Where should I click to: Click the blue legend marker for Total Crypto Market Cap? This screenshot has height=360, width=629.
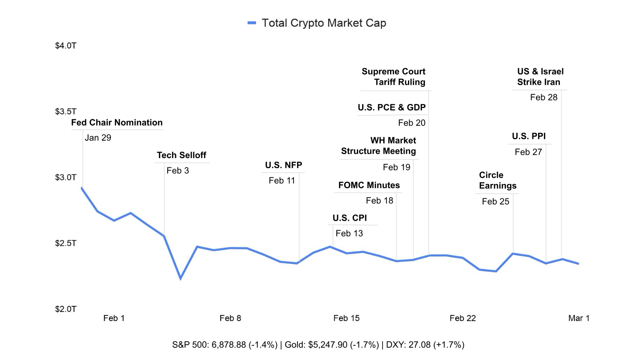[252, 23]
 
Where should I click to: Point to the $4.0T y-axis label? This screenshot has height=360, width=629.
[66, 46]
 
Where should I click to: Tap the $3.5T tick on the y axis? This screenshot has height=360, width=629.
[66, 111]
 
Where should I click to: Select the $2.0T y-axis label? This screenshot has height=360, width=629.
[66, 309]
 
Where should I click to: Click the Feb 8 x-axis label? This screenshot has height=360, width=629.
[230, 318]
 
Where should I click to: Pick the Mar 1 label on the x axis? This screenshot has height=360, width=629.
[579, 318]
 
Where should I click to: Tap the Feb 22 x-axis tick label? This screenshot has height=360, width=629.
[463, 318]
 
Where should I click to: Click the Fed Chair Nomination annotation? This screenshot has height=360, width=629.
[117, 123]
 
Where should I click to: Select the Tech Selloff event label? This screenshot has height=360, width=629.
[181, 155]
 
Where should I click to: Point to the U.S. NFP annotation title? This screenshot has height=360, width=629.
[283, 165]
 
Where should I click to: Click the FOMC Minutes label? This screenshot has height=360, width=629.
[369, 185]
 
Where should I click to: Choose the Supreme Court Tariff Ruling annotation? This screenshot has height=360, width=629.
[394, 77]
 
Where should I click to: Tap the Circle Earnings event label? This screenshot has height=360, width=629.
[498, 180]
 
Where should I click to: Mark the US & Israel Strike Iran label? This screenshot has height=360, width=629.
[540, 77]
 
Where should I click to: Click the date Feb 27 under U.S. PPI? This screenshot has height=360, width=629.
[528, 152]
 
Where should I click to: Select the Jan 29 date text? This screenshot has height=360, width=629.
[98, 138]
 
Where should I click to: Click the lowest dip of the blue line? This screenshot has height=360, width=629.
[180, 278]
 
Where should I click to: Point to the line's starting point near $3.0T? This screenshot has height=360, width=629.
[82, 188]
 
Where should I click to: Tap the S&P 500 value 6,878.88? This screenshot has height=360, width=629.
[229, 345]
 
